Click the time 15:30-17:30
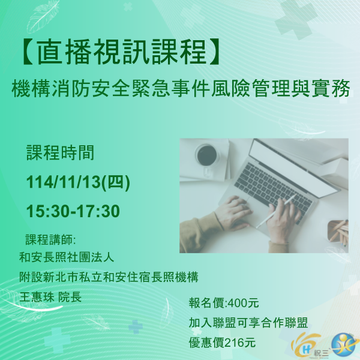pos(73,211)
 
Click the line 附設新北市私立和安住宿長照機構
pos(109,278)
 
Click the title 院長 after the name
pos(69,297)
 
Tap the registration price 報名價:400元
pos(223,302)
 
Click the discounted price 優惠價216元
pos(221,343)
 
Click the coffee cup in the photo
pos(206,155)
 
